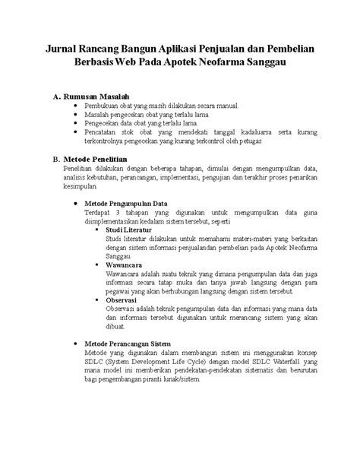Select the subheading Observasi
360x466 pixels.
click(125, 299)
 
